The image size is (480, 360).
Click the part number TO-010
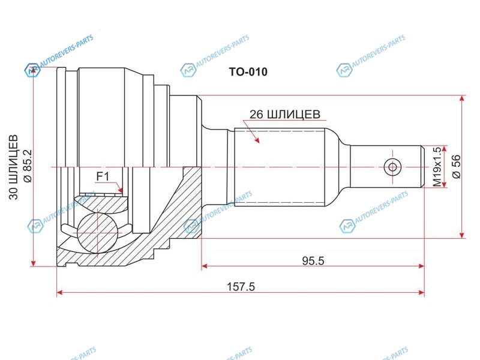(x=248, y=72)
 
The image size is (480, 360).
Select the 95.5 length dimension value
(x=313, y=261)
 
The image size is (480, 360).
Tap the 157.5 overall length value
(x=241, y=287)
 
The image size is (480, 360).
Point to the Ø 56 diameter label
(x=456, y=167)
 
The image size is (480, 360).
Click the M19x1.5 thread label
(x=437, y=167)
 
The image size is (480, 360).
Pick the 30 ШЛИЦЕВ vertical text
(x=13, y=167)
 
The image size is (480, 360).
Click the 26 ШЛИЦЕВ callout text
(x=284, y=114)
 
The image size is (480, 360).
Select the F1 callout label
(x=103, y=176)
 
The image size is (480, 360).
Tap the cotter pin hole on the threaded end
(x=392, y=167)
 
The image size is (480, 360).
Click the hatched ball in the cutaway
(x=97, y=233)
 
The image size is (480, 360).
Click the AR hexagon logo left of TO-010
(x=188, y=71)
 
